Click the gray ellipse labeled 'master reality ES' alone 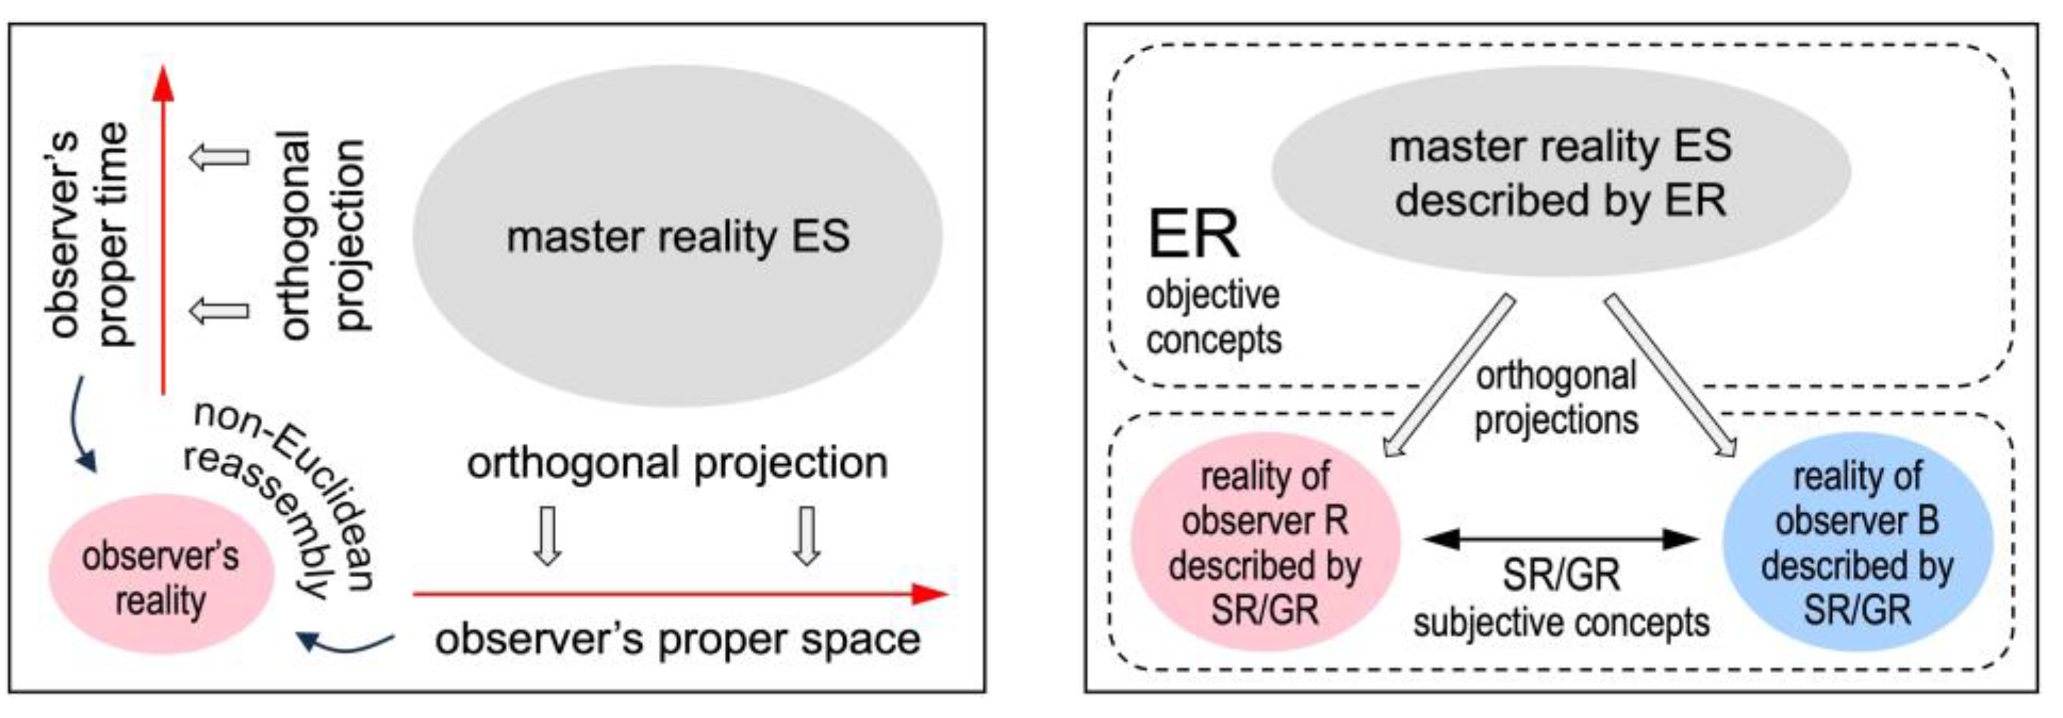[x=677, y=236]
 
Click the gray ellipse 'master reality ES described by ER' [x=1560, y=172]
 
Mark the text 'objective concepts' [x=1213, y=318]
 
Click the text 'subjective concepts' [x=1561, y=624]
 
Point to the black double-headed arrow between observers [x=1561, y=539]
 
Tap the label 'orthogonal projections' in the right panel [x=1556, y=398]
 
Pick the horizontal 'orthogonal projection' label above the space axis [x=677, y=463]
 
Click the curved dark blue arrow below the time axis [x=80, y=425]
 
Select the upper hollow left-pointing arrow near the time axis [x=219, y=156]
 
